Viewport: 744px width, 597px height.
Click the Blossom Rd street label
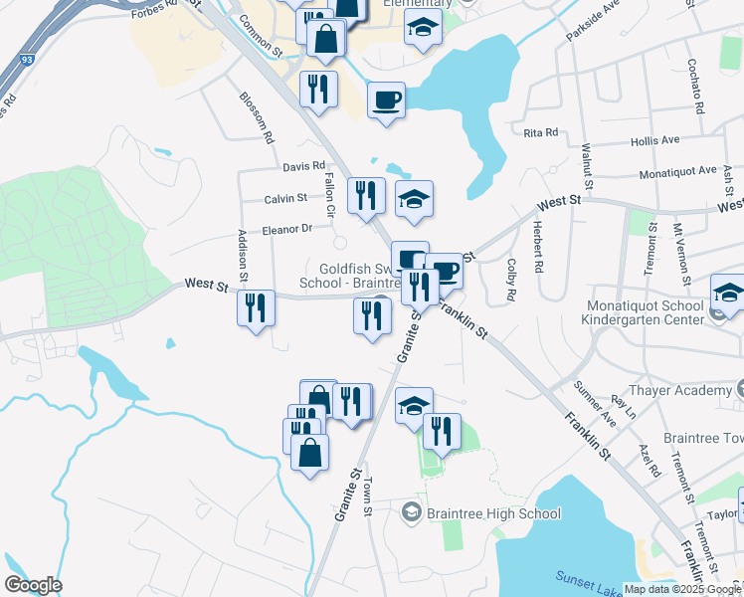coord(256,118)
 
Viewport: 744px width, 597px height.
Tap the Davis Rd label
coord(303,166)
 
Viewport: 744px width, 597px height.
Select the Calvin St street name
coord(285,199)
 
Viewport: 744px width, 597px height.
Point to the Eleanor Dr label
coord(287,230)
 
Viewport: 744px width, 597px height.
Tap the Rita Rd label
coord(540,131)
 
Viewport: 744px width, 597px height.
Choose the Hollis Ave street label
coord(654,141)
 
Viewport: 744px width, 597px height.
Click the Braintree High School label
coord(493,513)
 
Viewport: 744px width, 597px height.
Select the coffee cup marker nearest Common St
coord(385,100)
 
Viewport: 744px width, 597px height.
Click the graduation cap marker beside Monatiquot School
coord(727,295)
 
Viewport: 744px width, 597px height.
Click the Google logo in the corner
coord(33,585)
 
